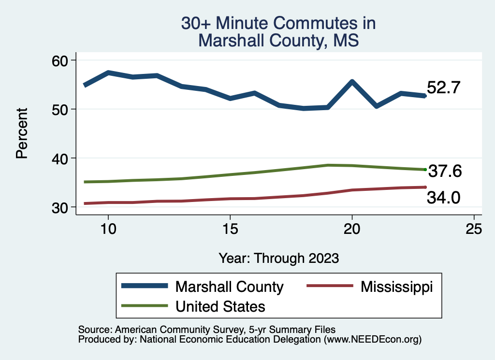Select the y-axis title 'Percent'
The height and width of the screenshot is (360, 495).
tap(21, 134)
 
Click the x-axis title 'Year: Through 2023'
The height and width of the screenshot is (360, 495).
tap(278, 258)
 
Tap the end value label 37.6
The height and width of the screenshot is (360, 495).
tap(445, 171)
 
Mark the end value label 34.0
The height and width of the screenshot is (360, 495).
tap(444, 197)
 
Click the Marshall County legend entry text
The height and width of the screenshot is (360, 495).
tap(229, 287)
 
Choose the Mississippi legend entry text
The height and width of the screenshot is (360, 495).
tap(396, 287)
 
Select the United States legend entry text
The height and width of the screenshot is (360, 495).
tap(220, 306)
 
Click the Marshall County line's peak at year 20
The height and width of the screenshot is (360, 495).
tap(352, 82)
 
